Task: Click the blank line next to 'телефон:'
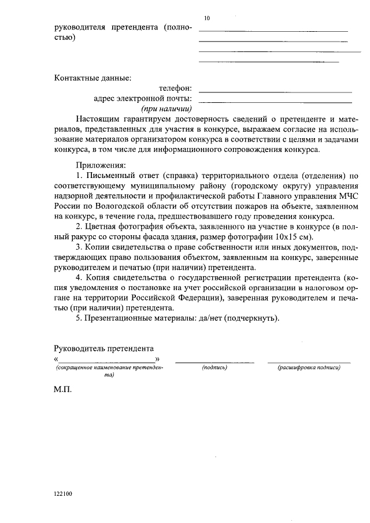pyautogui.click(x=275, y=92)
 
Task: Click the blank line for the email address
pyautogui.click(x=275, y=102)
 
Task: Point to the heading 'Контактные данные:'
pyautogui.click(x=92, y=78)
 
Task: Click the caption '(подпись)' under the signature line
pyautogui.click(x=214, y=368)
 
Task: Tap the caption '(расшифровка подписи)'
pyautogui.click(x=309, y=368)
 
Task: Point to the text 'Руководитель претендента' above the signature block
pyautogui.click(x=103, y=349)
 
